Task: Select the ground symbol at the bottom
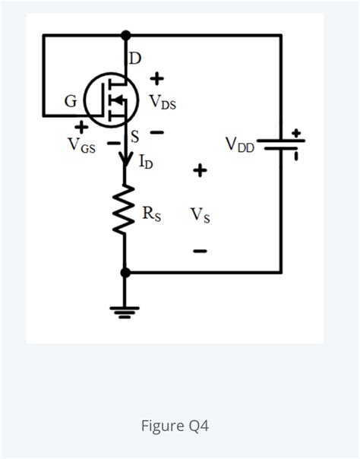[125, 310]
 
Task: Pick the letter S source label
[135, 138]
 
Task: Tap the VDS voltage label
[163, 101]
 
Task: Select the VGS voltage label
[81, 144]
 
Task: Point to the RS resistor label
[151, 213]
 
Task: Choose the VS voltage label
[201, 215]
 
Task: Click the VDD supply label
[240, 144]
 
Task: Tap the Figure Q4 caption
[175, 426]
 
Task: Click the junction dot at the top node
[125, 35]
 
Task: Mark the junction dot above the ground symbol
[125, 272]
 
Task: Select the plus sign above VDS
[158, 78]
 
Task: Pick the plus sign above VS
[199, 171]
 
